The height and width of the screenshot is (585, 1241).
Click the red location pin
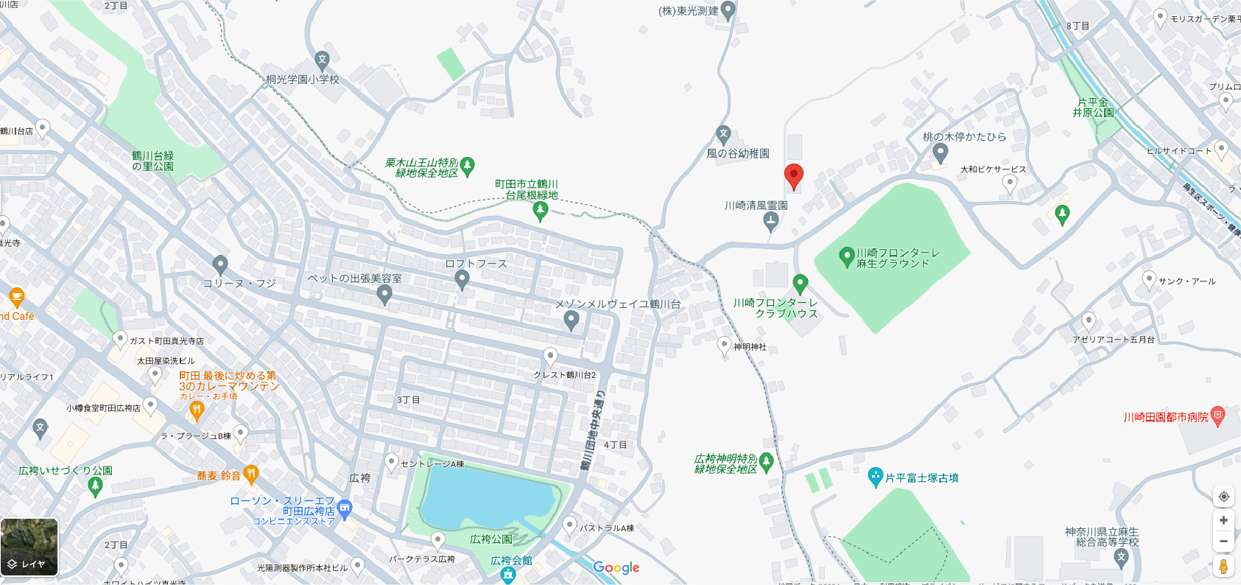point(793,176)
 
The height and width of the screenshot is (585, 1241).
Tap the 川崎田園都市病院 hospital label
point(1165,417)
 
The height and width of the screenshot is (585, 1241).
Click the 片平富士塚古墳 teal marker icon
point(875,477)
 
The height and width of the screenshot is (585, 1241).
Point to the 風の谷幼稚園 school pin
point(723,135)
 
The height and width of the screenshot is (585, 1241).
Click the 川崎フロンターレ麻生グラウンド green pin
point(846,256)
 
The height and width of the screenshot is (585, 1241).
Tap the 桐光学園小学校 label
point(303,79)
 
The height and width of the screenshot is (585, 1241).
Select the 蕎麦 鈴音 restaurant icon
point(251,474)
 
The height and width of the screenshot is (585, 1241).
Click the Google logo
point(616,567)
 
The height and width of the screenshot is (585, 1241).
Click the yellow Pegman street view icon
point(1223,566)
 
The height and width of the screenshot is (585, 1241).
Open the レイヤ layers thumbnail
point(29,547)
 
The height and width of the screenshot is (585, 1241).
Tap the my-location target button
point(1223,497)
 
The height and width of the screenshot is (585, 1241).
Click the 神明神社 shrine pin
point(724,345)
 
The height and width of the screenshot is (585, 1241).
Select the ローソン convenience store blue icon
point(345,508)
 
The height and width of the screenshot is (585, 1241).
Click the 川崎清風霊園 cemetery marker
point(771,220)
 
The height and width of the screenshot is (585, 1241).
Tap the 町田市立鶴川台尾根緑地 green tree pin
point(540,211)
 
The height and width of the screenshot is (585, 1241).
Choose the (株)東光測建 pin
point(728,10)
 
